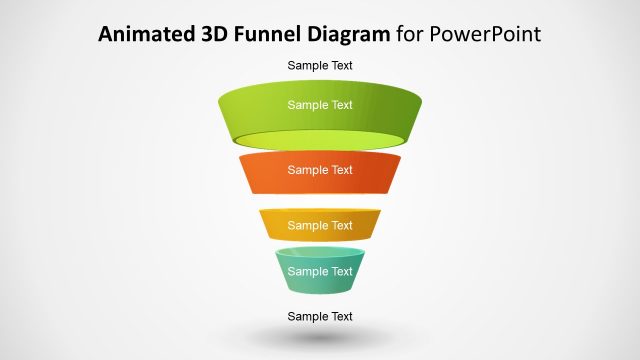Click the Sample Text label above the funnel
(320, 66)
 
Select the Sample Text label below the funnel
(320, 317)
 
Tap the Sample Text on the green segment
(320, 105)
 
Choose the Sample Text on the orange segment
(320, 170)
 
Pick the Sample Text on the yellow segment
(320, 226)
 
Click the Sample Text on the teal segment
(320, 271)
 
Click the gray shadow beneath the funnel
(320, 340)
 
